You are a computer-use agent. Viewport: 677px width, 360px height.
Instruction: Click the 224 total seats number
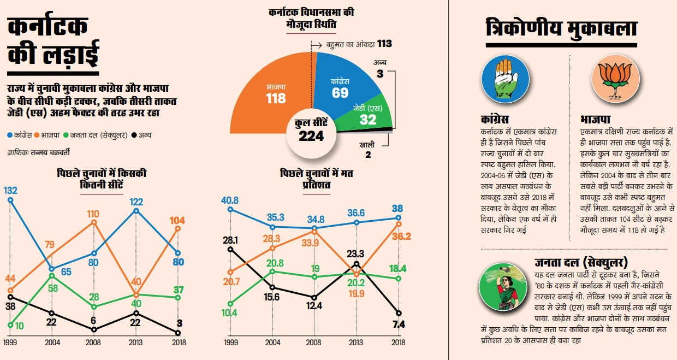311,136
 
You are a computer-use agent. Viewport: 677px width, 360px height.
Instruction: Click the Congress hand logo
506,79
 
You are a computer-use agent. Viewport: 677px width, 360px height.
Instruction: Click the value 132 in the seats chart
11,190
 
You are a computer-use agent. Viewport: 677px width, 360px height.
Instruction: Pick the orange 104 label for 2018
177,221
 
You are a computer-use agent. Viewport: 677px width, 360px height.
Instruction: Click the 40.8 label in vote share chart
229,199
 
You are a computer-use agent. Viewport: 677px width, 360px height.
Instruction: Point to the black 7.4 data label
398,325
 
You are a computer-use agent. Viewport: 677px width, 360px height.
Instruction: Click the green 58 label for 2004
53,287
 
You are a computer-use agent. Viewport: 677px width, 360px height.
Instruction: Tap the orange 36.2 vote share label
402,237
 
